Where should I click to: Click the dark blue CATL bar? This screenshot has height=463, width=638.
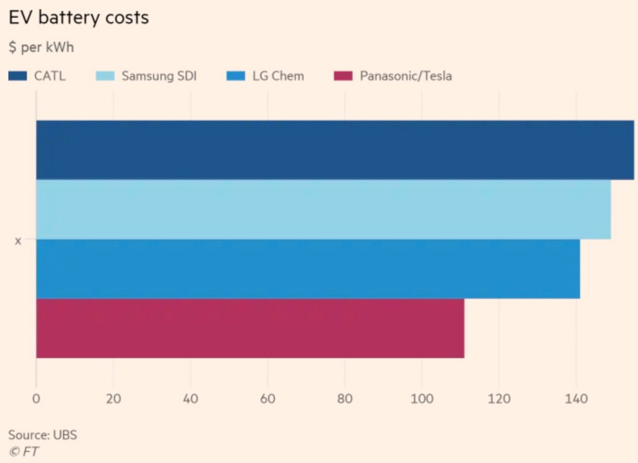coord(335,150)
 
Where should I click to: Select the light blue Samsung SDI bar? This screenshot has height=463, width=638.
coord(323,209)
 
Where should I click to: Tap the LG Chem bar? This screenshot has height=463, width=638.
coord(308,269)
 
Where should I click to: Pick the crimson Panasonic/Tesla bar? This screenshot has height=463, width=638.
coord(250,328)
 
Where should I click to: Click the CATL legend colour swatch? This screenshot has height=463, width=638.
coord(17,77)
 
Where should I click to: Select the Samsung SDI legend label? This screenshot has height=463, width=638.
coord(159,77)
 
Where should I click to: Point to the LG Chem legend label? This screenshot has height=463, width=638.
coord(278,77)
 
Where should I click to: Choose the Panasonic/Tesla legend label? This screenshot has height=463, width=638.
coord(406,77)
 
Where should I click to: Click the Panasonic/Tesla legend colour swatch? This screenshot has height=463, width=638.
coord(343,77)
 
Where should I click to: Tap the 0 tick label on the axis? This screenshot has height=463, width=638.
coord(36,399)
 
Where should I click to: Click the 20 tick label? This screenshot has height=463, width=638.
coord(113,399)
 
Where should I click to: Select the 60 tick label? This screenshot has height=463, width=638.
coord(267,399)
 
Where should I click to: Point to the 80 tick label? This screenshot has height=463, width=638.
coord(345,399)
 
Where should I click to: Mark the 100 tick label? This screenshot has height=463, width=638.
coord(421,399)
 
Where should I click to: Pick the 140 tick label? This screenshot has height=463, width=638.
coord(576,399)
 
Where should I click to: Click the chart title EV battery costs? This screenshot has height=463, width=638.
coord(79,17)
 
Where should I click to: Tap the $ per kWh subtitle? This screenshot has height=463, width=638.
coord(41,48)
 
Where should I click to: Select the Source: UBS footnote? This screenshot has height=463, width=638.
coord(42,434)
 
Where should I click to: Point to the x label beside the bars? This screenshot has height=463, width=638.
coord(18,241)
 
